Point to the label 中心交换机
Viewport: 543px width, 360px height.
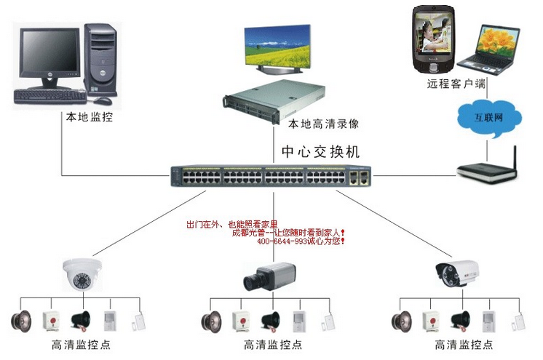click(320, 152)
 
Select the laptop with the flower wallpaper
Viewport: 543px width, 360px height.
click(496, 48)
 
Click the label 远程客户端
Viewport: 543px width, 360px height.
click(456, 84)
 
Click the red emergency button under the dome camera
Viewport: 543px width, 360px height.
click(50, 319)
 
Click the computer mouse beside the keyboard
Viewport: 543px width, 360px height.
click(104, 100)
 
